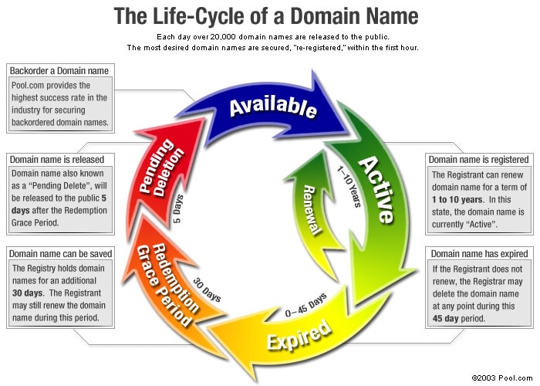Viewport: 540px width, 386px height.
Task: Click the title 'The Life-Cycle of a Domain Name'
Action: tap(266, 15)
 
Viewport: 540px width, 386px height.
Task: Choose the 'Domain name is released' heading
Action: tap(58, 159)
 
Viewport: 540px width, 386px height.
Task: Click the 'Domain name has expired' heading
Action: tap(479, 253)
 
